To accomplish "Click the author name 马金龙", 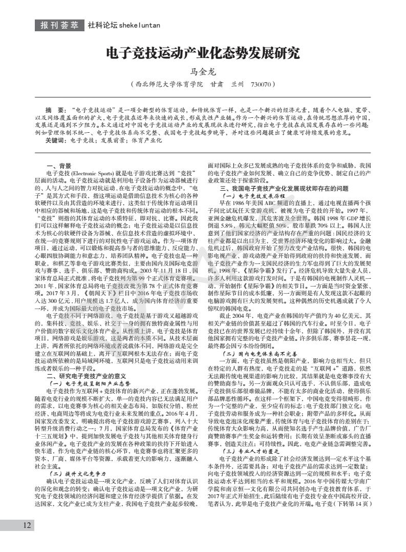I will (x=202, y=72).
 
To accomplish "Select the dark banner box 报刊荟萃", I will (x=59, y=25).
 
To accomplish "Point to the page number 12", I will (x=27, y=525).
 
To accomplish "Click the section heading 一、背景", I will (x=58, y=166).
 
